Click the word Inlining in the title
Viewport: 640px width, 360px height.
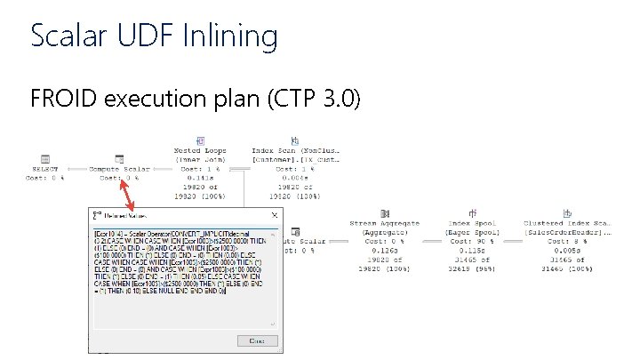click(230, 36)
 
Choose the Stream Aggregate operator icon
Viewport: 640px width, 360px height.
click(384, 213)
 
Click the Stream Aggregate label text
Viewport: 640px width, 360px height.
click(384, 223)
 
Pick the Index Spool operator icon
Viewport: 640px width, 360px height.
click(470, 213)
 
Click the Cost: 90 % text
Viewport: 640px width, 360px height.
click(470, 242)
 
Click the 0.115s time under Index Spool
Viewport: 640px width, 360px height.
click(470, 252)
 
